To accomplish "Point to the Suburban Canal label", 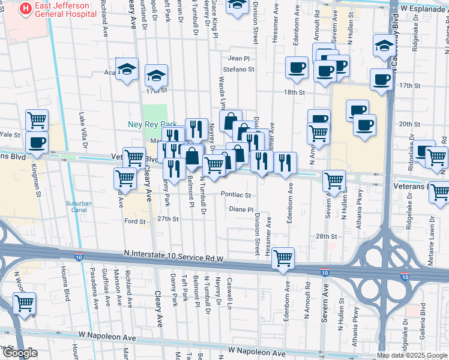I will pyautogui.click(x=79, y=206).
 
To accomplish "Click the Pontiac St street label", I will pyautogui.click(x=235, y=194).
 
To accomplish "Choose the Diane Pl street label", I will pyautogui.click(x=242, y=209).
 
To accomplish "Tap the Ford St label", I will pyautogui.click(x=134, y=221).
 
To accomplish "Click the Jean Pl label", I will pyautogui.click(x=238, y=58).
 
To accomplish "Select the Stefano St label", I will pyautogui.click(x=239, y=70).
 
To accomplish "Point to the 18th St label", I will pyautogui.click(x=295, y=92).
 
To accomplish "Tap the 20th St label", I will pyautogui.click(x=409, y=124).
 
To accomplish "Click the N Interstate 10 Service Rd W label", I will pyautogui.click(x=174, y=257).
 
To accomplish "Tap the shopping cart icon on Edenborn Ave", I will pyautogui.click(x=283, y=258).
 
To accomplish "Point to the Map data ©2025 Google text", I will pyautogui.click(x=412, y=355).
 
